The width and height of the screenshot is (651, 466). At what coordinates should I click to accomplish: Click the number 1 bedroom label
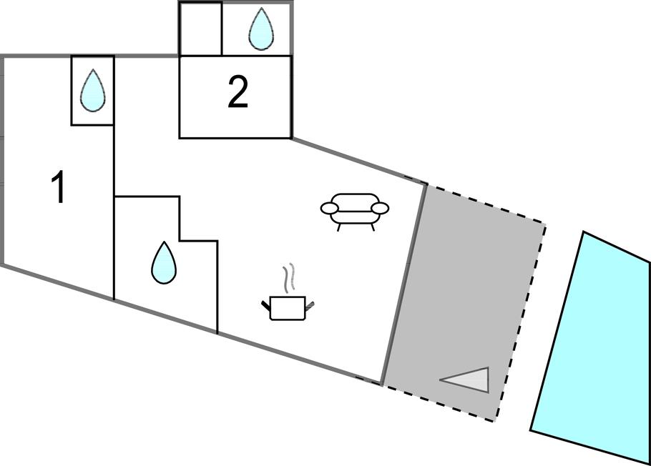tap(59, 188)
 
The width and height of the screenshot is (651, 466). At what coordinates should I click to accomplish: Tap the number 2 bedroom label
tap(238, 93)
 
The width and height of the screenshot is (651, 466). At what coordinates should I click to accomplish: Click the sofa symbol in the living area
tap(355, 209)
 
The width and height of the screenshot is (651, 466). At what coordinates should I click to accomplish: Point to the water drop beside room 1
tap(92, 91)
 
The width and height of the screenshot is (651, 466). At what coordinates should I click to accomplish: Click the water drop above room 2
tap(260, 29)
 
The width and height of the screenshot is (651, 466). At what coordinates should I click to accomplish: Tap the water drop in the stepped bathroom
tap(164, 262)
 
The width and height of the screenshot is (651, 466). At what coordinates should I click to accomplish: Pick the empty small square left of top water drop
tap(200, 29)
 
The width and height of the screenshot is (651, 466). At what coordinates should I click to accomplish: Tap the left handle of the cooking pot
tap(266, 306)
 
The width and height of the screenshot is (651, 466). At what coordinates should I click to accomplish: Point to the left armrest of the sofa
tap(329, 209)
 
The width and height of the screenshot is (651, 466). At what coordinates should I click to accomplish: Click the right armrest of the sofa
tap(381, 209)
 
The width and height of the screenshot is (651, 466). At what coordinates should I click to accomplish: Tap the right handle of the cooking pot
tap(309, 306)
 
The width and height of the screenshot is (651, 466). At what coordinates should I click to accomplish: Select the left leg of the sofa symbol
tap(338, 227)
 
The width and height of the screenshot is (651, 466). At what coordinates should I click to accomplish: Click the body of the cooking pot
tap(288, 308)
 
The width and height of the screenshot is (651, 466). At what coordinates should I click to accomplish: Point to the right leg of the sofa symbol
tap(372, 227)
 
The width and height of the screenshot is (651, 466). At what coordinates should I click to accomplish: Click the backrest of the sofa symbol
tap(355, 199)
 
